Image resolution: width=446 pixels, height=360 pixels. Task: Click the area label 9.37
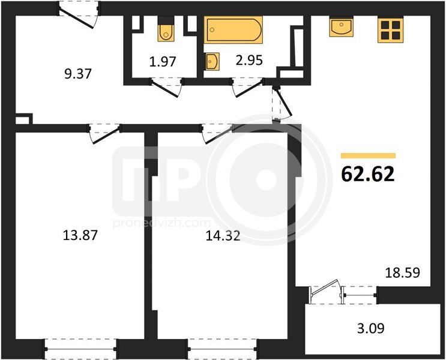(77, 74)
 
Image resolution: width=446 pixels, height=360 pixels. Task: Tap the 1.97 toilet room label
(163, 61)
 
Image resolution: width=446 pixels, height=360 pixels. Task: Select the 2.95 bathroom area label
(249, 60)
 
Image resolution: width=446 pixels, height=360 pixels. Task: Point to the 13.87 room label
(80, 235)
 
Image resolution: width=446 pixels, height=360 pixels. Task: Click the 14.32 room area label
(223, 236)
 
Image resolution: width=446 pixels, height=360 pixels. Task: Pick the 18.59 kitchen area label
(402, 273)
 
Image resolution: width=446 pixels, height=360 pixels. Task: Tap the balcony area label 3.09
(370, 328)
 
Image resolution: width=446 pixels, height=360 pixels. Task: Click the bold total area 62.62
(368, 174)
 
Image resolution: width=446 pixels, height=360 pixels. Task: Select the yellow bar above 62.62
(368, 155)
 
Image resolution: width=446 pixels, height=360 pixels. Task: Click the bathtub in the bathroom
(234, 30)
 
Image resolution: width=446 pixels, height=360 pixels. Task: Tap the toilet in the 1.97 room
(166, 29)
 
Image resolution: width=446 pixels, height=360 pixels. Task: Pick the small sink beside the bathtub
(212, 61)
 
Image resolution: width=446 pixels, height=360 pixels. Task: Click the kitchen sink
(342, 27)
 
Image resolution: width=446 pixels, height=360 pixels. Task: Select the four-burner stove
(391, 30)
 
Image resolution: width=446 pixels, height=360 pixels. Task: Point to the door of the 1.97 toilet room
(165, 89)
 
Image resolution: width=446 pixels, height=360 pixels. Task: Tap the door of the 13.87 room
(105, 136)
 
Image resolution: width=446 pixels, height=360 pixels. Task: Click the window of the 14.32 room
(223, 349)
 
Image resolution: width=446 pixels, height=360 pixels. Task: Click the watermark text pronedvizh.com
(162, 223)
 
